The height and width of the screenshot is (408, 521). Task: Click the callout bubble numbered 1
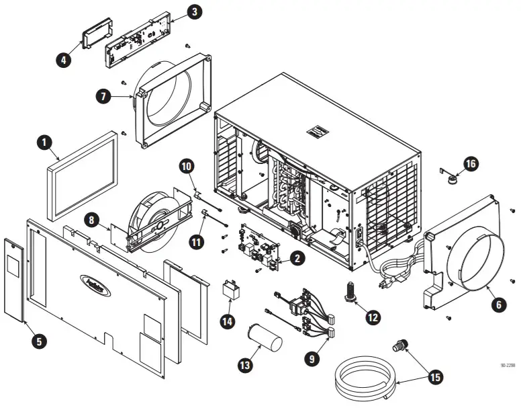[44, 142]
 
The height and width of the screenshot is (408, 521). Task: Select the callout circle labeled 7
[103, 96]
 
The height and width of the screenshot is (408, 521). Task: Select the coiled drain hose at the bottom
[364, 382]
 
